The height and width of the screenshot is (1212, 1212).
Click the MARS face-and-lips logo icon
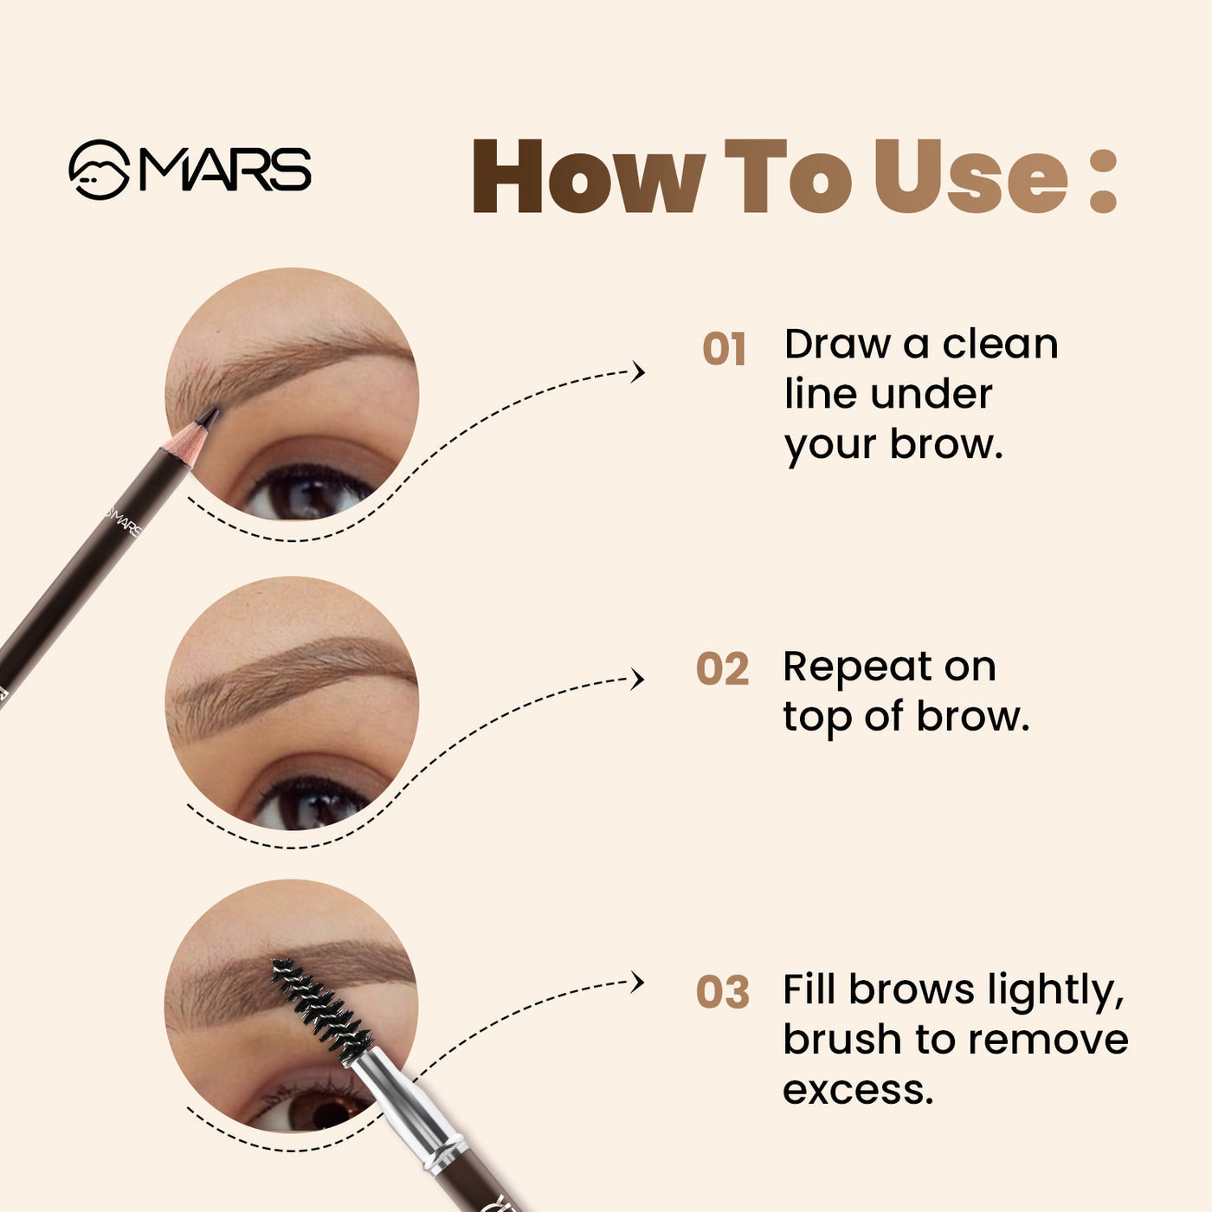pyautogui.click(x=99, y=170)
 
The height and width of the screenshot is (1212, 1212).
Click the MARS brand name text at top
pyautogui.click(x=225, y=170)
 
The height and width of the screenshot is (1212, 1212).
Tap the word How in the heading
pyautogui.click(x=587, y=177)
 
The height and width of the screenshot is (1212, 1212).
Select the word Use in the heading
pyautogui.click(x=970, y=177)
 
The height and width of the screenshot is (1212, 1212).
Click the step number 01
pyautogui.click(x=724, y=350)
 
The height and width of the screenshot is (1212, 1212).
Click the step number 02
pyautogui.click(x=722, y=670)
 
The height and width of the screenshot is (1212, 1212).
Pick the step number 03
pyautogui.click(x=722, y=992)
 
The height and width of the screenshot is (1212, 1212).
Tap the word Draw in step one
pyautogui.click(x=837, y=345)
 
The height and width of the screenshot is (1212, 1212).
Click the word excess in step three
pyautogui.click(x=857, y=1089)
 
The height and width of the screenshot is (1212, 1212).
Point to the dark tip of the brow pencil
pyautogui.click(x=208, y=416)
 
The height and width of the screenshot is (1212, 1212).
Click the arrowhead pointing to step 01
pyautogui.click(x=639, y=372)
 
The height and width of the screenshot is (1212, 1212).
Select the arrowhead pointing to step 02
pyautogui.click(x=639, y=679)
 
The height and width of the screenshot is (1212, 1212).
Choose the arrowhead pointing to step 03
pyautogui.click(x=639, y=983)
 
